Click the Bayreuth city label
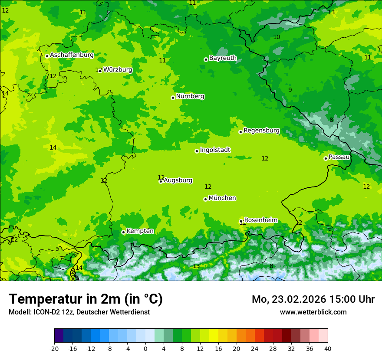(223, 58)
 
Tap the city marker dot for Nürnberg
(173, 98)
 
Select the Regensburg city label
(261, 131)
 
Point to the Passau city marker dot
(326, 158)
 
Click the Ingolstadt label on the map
(215, 150)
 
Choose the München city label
(222, 198)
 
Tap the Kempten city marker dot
(123, 232)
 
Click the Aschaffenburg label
(72, 55)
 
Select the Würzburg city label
(118, 70)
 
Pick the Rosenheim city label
(260, 220)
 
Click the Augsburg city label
(178, 180)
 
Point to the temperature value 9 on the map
(290, 90)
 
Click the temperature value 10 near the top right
(277, 37)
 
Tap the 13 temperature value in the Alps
(197, 266)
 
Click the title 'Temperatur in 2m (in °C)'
(86, 299)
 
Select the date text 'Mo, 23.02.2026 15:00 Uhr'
(313, 299)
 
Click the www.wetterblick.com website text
(313, 312)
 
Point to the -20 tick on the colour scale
(54, 348)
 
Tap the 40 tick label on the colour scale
(328, 348)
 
